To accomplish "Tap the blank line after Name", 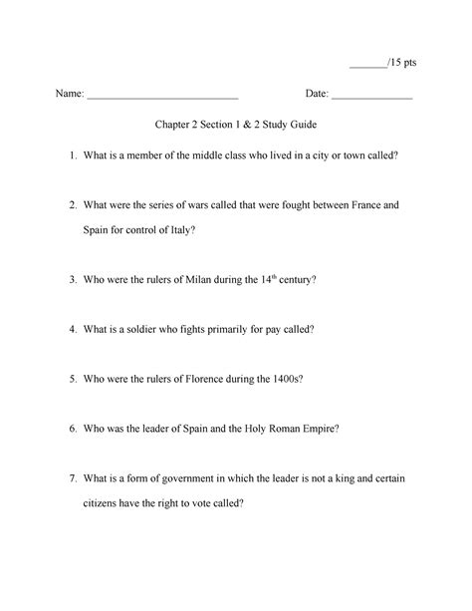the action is (x=162, y=98).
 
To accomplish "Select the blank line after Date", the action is (x=371, y=98).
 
